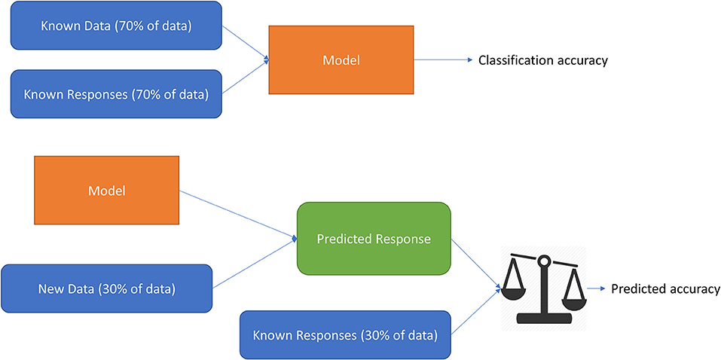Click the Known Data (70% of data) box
click(x=116, y=26)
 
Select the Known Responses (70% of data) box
click(x=116, y=94)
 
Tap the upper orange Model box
click(x=341, y=59)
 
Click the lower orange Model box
click(x=107, y=191)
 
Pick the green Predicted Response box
click(x=374, y=239)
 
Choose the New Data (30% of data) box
click(x=107, y=288)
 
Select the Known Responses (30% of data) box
click(x=346, y=334)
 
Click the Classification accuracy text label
click(x=543, y=60)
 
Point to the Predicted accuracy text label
click(x=665, y=288)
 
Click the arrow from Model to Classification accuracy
click(x=443, y=59)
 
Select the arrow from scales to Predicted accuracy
click(x=597, y=288)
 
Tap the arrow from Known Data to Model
click(x=245, y=42)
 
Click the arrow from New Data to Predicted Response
click(x=255, y=264)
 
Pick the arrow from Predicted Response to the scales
click(x=475, y=264)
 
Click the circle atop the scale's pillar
click(x=544, y=261)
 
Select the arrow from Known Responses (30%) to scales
click(x=476, y=312)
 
